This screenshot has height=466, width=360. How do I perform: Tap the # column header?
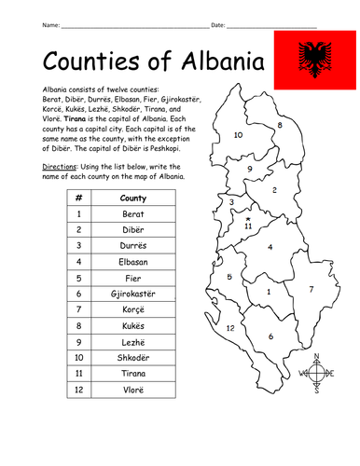point(80,197)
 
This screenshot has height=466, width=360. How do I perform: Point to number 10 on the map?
point(239,135)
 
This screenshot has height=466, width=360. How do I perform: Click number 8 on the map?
point(281,125)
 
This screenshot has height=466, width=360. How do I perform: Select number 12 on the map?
point(229,328)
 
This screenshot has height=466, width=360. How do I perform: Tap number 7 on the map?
point(312,289)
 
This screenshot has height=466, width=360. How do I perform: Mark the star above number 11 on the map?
point(248,217)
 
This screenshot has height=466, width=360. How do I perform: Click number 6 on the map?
point(270,336)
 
